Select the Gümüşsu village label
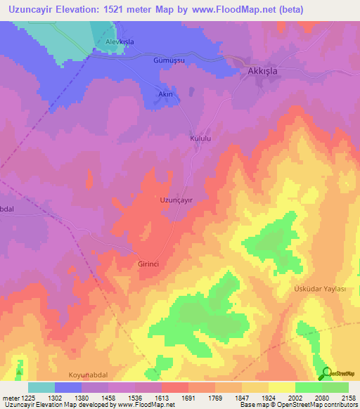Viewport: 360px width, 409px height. tap(169, 61)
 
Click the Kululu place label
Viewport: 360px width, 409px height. tap(200, 139)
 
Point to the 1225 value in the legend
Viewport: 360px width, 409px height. tap(27, 398)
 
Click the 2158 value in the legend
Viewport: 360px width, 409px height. tap(348, 398)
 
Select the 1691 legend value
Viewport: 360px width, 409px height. tap(187, 398)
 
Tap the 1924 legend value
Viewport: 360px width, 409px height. tap(268, 398)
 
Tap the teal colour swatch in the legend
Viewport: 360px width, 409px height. tap(41, 387)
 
